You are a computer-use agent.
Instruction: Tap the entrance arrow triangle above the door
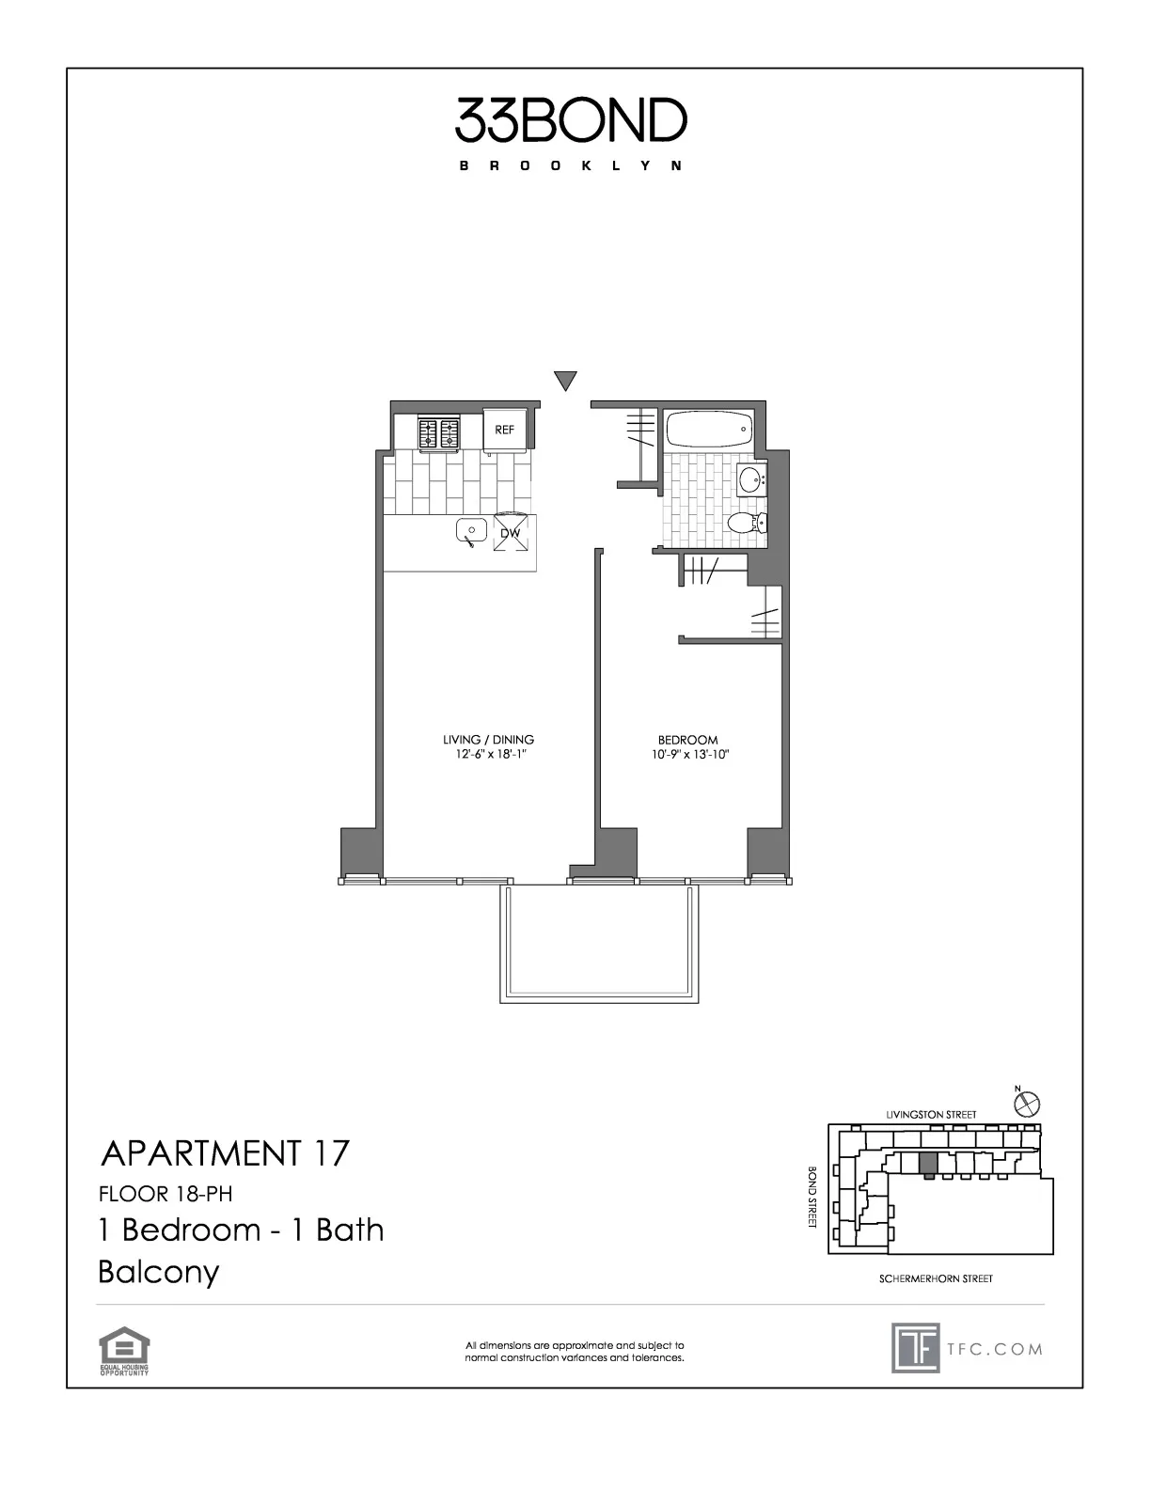point(564,381)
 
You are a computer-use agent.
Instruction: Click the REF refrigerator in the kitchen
point(505,430)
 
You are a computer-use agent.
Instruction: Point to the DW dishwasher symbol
point(511,533)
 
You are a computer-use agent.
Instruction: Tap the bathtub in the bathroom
point(709,431)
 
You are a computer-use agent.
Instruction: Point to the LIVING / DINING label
point(489,740)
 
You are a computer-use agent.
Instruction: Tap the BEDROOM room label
point(687,740)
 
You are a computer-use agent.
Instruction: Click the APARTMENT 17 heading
point(225,1152)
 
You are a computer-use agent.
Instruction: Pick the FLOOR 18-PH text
point(165,1194)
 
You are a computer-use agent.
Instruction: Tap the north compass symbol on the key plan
point(1028,1102)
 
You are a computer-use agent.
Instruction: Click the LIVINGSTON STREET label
point(931,1114)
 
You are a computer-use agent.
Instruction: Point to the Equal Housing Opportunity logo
point(124,1351)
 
